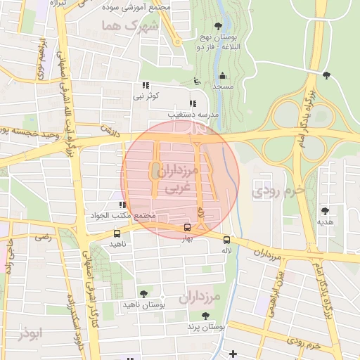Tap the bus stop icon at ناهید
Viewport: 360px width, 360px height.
coord(117,233)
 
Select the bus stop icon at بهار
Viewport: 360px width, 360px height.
coord(187,227)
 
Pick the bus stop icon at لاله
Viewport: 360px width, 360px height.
coord(226,238)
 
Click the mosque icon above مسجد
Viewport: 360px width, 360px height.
coord(223,75)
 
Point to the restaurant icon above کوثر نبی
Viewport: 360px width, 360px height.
coord(146,85)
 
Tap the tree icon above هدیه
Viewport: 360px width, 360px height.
coord(325,211)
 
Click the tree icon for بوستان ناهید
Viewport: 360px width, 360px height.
coord(143,294)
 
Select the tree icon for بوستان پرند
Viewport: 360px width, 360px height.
coord(205,316)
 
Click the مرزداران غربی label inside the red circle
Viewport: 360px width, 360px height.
coord(181,180)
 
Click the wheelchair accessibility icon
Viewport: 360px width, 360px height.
coord(197,82)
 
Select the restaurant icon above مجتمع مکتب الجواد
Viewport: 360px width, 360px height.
coord(122,205)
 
